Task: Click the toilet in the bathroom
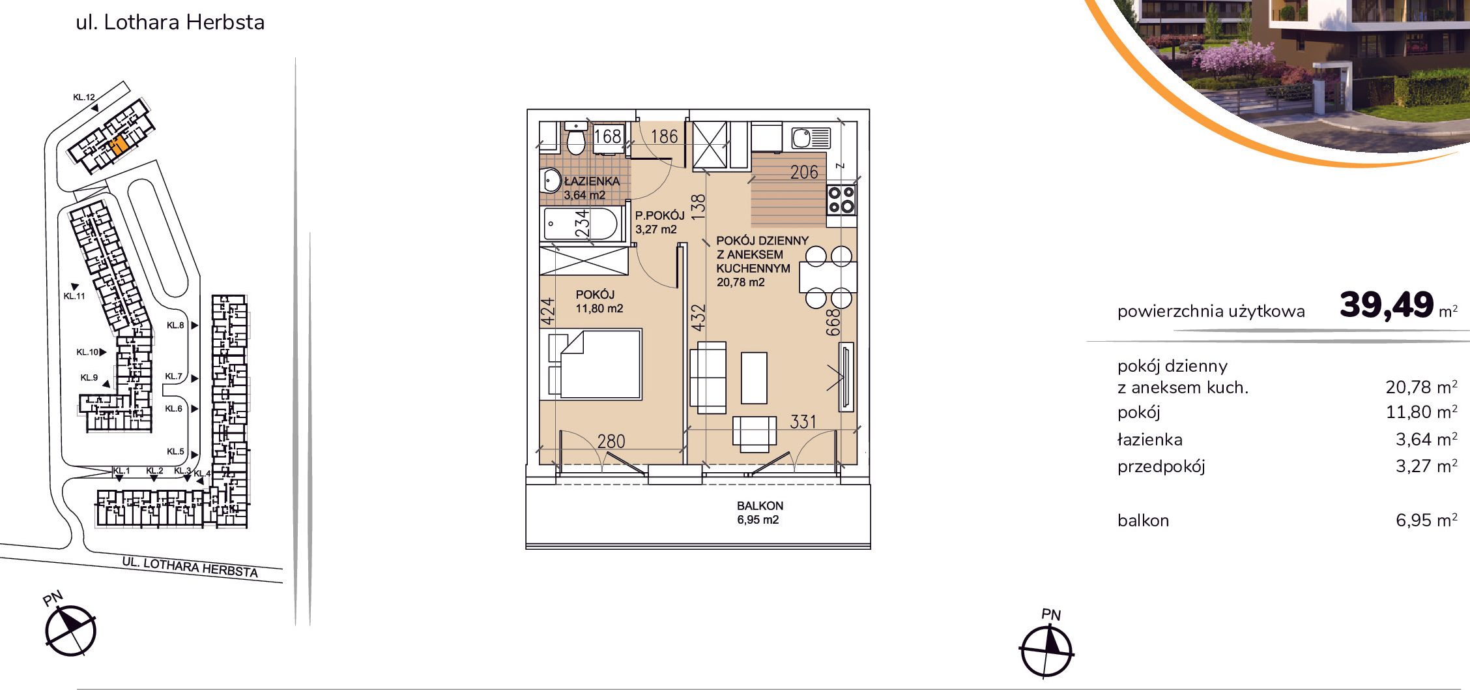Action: tap(576, 138)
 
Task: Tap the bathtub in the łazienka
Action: tap(579, 224)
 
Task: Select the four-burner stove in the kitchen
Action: tap(841, 200)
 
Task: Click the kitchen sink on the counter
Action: tap(811, 138)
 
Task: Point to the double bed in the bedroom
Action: tap(595, 364)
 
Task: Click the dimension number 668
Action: tap(833, 322)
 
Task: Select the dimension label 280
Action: tap(611, 442)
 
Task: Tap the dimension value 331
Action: tap(803, 422)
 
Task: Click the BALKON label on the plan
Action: tap(760, 505)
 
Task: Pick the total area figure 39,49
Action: tap(1387, 305)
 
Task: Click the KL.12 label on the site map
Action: tap(84, 97)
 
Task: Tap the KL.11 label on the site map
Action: tap(74, 296)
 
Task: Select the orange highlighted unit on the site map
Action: tap(117, 144)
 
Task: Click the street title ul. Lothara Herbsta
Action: tap(170, 22)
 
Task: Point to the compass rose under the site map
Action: tap(70, 630)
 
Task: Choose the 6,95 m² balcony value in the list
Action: tap(1426, 520)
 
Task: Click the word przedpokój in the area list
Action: tap(1161, 466)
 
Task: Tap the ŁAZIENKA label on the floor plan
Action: tap(592, 181)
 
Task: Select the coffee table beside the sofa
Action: tap(754, 378)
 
